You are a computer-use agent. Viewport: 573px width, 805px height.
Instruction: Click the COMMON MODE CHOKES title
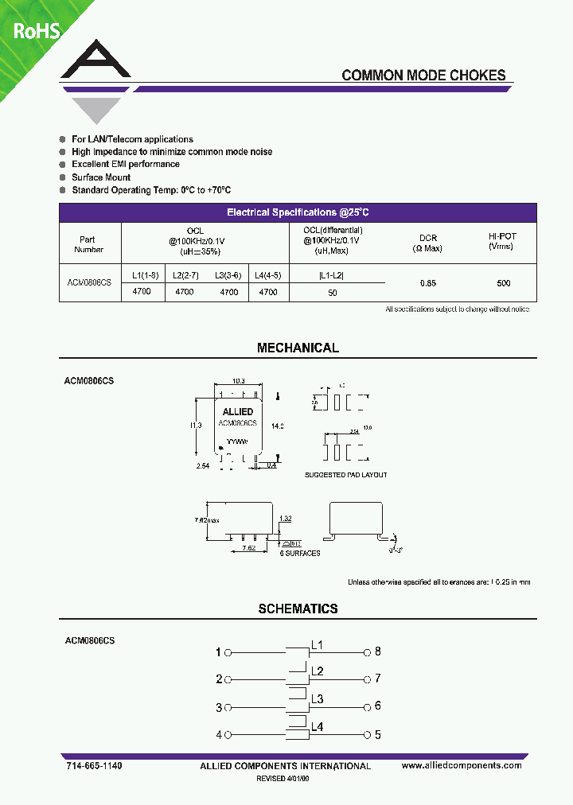(x=423, y=76)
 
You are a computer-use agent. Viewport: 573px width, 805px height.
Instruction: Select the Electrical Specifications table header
(x=298, y=212)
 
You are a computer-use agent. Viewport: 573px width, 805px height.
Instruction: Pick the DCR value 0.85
(x=429, y=283)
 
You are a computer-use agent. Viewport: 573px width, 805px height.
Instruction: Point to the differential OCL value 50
(x=333, y=293)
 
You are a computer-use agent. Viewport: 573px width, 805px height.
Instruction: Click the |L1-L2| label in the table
(x=331, y=274)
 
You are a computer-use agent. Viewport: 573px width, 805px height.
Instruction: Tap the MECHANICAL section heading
(x=298, y=348)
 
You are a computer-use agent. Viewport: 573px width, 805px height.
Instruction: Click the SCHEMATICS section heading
(x=298, y=609)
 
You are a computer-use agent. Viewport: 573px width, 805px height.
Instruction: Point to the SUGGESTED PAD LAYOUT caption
(x=345, y=475)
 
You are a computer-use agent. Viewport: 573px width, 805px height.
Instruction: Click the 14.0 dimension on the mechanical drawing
(x=278, y=426)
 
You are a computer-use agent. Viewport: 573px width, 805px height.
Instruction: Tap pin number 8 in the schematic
(x=378, y=651)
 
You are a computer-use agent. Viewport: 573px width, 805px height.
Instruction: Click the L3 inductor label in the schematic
(x=317, y=698)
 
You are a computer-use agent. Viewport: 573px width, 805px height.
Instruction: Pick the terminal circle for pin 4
(x=228, y=734)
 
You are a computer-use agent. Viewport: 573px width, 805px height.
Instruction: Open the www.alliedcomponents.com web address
(x=462, y=765)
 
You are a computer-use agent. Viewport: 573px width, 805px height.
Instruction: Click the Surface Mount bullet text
(x=101, y=177)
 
